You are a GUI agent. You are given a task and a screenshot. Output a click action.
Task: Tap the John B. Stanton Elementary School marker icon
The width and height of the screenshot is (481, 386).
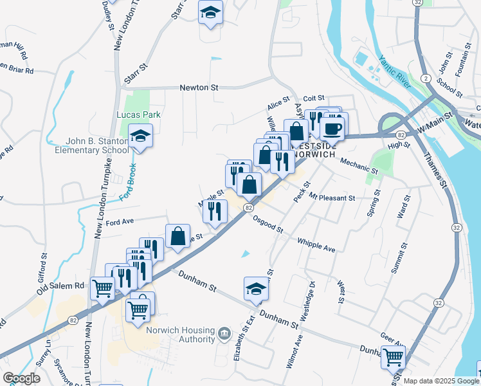(139, 136)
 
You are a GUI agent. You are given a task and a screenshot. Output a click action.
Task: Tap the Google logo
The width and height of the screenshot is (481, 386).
(21, 378)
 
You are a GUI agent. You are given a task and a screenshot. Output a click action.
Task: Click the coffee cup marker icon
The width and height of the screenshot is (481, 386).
(332, 127)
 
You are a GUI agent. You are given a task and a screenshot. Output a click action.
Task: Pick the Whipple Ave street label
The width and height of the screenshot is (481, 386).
(316, 244)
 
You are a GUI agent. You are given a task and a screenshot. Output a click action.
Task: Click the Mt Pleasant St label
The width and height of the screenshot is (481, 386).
(332, 198)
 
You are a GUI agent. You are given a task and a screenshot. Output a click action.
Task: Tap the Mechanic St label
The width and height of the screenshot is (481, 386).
(358, 166)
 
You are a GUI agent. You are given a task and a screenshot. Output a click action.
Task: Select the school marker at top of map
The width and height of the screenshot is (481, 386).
(210, 13)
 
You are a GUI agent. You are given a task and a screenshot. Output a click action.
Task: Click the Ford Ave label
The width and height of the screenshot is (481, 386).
(120, 223)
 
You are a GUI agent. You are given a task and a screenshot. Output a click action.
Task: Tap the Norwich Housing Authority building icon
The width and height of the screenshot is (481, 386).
(224, 333)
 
